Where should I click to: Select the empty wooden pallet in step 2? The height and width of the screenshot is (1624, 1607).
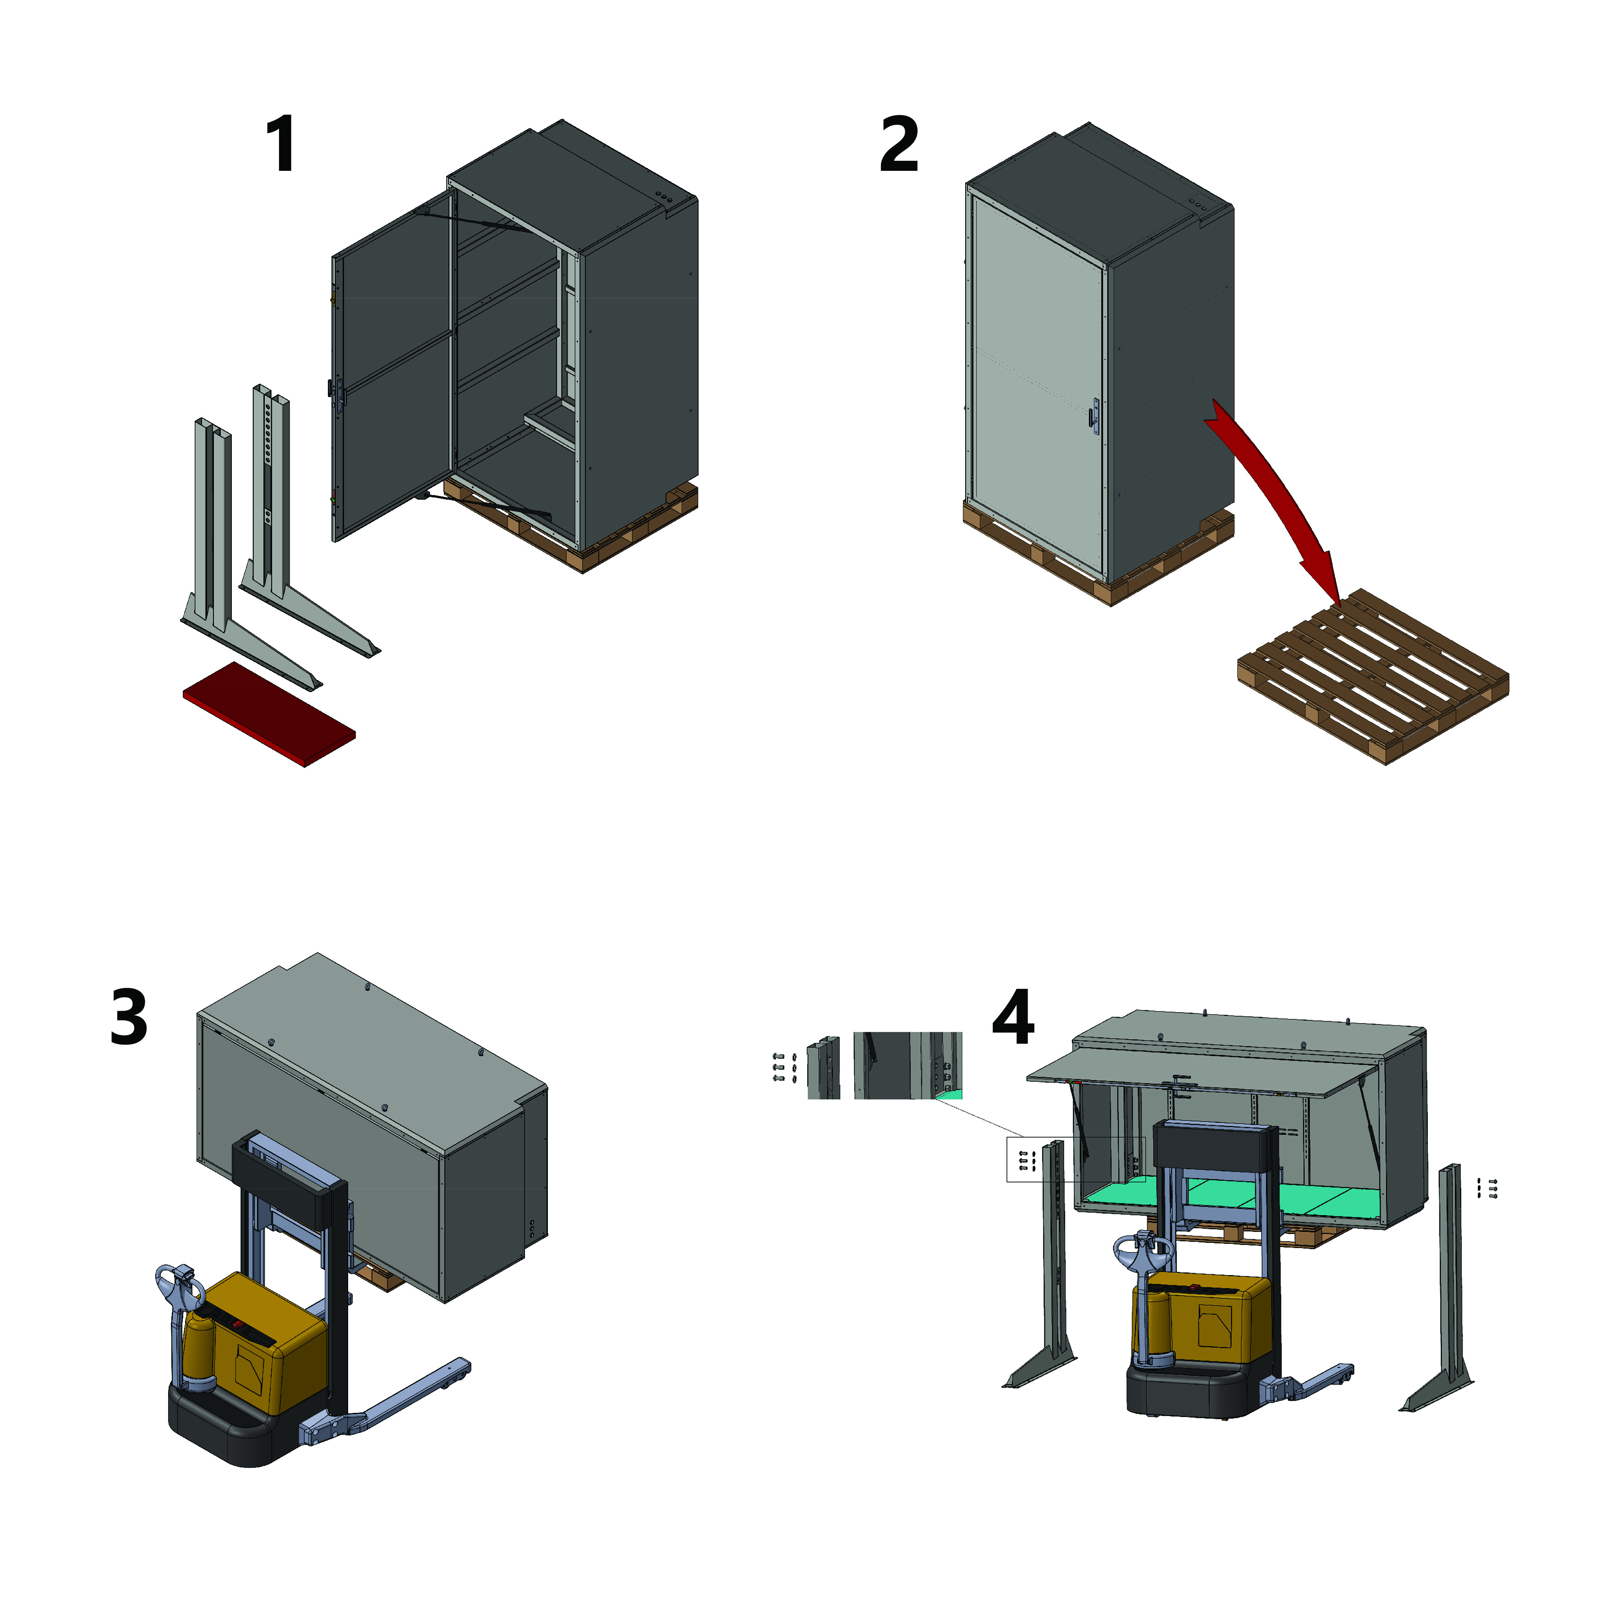pos(1373,676)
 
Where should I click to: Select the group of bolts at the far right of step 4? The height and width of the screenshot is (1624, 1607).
pos(1487,1188)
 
